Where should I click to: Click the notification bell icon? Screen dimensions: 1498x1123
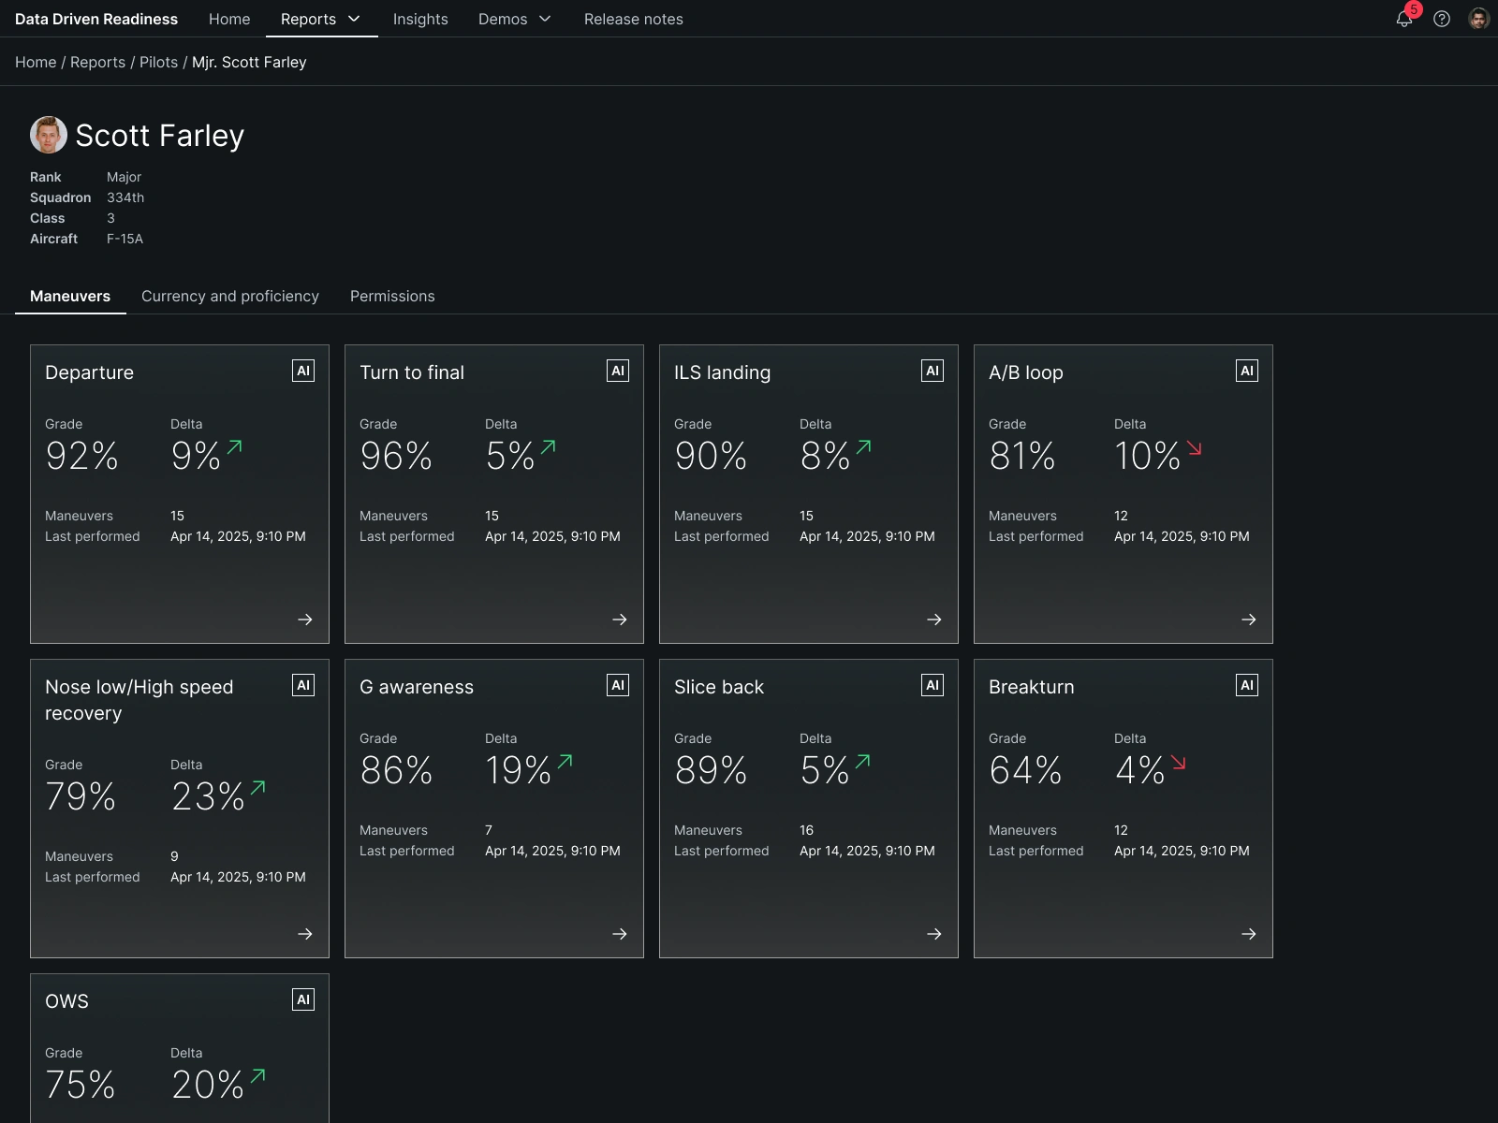(1403, 19)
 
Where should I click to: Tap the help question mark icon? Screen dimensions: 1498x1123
(1441, 19)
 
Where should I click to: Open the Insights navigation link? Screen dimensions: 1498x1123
(420, 19)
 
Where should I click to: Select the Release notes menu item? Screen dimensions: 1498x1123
(633, 19)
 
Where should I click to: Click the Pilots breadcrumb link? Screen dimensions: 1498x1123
(158, 62)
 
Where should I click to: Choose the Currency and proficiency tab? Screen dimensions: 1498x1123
(230, 296)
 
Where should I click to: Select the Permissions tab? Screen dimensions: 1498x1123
(392, 296)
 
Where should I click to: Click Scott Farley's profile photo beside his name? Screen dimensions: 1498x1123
(49, 135)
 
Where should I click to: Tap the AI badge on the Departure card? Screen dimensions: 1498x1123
(303, 371)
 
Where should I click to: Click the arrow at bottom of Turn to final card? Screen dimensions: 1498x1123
(620, 620)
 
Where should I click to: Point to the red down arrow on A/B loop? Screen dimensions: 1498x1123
(1194, 448)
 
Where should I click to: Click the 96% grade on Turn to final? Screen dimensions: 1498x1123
(396, 456)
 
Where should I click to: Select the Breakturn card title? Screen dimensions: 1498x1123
(1031, 687)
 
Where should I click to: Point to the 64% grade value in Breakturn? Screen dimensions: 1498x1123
(1025, 770)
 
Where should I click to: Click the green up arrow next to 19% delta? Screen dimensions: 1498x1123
(565, 762)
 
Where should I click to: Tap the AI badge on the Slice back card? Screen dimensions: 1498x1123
(933, 685)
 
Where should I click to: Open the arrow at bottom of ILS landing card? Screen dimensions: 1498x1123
(934, 620)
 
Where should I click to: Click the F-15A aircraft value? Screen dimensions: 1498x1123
(125, 239)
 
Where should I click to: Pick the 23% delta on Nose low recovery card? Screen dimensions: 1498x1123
(208, 795)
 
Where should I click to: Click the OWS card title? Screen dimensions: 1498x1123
(66, 1001)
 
